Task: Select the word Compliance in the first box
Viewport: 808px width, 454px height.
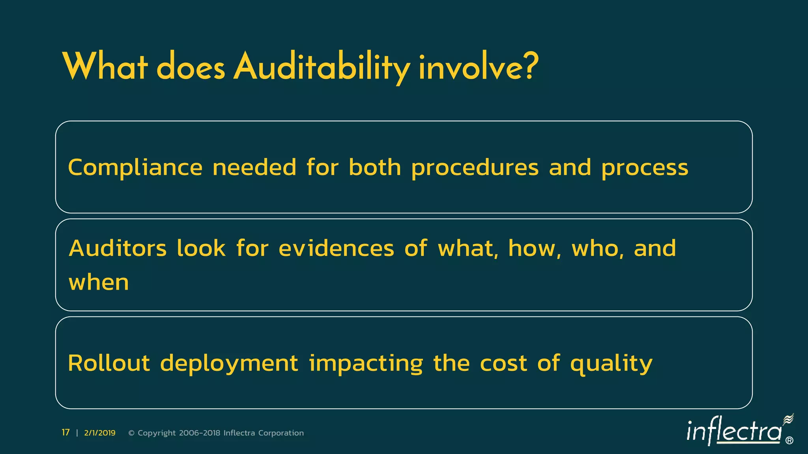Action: pyautogui.click(x=135, y=167)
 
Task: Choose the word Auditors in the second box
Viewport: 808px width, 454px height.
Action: pyautogui.click(x=118, y=248)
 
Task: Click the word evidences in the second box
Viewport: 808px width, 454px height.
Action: pyautogui.click(x=336, y=248)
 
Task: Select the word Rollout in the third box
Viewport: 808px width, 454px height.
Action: pyautogui.click(x=109, y=363)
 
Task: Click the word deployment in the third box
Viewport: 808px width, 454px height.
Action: pyautogui.click(x=229, y=363)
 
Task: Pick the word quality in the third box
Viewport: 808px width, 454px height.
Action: pyautogui.click(x=611, y=363)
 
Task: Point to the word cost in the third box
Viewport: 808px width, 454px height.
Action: pyautogui.click(x=503, y=363)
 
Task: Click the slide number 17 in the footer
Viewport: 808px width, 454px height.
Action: pyautogui.click(x=65, y=433)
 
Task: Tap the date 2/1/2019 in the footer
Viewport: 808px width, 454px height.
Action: pyautogui.click(x=100, y=433)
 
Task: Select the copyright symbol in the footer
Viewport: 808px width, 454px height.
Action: pyautogui.click(x=132, y=433)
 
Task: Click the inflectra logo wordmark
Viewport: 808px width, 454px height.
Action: pyautogui.click(x=734, y=432)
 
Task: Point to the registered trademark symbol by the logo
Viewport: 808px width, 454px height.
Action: pyautogui.click(x=789, y=441)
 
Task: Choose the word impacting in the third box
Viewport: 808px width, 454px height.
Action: pyautogui.click(x=366, y=363)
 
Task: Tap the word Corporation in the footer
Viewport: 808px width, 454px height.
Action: pyautogui.click(x=281, y=433)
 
